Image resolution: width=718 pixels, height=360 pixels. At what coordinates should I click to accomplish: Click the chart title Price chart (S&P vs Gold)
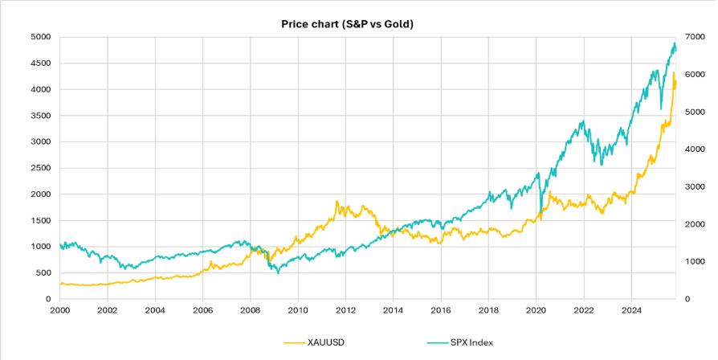(x=347, y=24)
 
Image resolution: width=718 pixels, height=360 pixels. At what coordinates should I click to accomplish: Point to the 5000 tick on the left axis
(x=40, y=37)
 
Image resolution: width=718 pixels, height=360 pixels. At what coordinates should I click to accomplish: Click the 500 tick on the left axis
(x=43, y=272)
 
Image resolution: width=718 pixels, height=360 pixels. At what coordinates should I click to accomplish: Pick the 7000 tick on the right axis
(x=696, y=37)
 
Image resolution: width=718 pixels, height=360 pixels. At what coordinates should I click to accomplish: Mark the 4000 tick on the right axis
(x=696, y=149)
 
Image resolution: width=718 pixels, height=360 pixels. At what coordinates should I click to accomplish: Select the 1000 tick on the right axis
(x=696, y=261)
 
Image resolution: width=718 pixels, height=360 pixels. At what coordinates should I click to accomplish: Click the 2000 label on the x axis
(x=60, y=309)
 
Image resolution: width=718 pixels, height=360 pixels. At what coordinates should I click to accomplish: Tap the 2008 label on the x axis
(x=251, y=309)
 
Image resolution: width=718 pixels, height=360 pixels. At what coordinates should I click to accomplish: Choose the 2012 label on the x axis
(x=345, y=309)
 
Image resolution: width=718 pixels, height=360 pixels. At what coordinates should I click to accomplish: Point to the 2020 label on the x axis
(x=536, y=309)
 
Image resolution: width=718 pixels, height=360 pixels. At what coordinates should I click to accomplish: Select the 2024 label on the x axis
(x=631, y=309)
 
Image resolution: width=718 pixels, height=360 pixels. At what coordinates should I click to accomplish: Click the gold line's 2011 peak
(x=337, y=202)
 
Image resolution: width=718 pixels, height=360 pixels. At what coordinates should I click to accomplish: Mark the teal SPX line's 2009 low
(x=278, y=273)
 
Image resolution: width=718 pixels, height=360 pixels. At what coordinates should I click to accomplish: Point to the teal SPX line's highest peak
(x=674, y=43)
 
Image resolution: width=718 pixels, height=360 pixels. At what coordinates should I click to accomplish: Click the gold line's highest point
(x=674, y=73)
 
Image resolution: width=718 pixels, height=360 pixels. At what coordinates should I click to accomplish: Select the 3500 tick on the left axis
(x=40, y=116)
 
